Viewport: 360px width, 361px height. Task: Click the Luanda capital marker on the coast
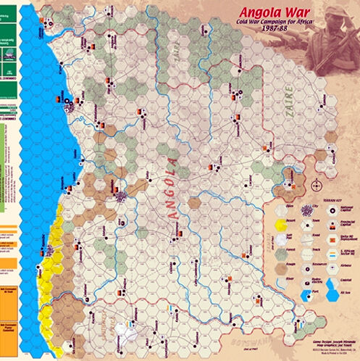pyautogui.click(x=69, y=101)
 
